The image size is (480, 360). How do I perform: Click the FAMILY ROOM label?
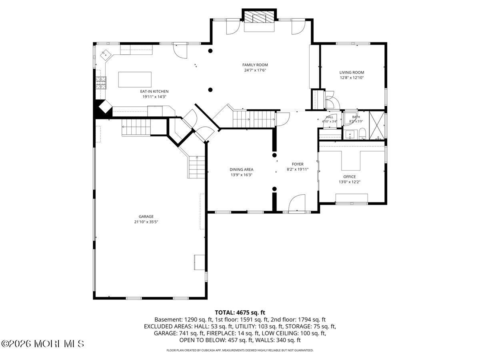click(x=255, y=65)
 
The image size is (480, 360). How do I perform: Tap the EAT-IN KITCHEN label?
click(x=154, y=91)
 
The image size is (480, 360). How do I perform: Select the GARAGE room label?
click(x=146, y=216)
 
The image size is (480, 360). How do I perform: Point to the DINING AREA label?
click(x=242, y=169)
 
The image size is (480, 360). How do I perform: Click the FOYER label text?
click(x=298, y=164)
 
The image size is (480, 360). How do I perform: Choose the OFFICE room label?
click(x=350, y=177)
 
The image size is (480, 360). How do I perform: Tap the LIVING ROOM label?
click(x=352, y=72)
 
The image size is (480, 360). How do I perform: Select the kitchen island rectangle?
click(x=135, y=80)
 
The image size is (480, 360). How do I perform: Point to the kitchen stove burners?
click(x=101, y=83)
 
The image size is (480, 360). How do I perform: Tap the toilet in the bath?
click(x=362, y=134)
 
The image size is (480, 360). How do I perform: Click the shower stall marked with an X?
click(x=377, y=126)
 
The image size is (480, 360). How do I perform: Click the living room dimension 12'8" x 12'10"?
click(x=352, y=78)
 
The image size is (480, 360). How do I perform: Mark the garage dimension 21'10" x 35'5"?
click(x=146, y=222)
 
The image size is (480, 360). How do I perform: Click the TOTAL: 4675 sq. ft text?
click(x=240, y=312)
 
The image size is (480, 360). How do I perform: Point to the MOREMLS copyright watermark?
click(x=42, y=344)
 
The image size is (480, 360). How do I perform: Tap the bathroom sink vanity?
click(x=350, y=134)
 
